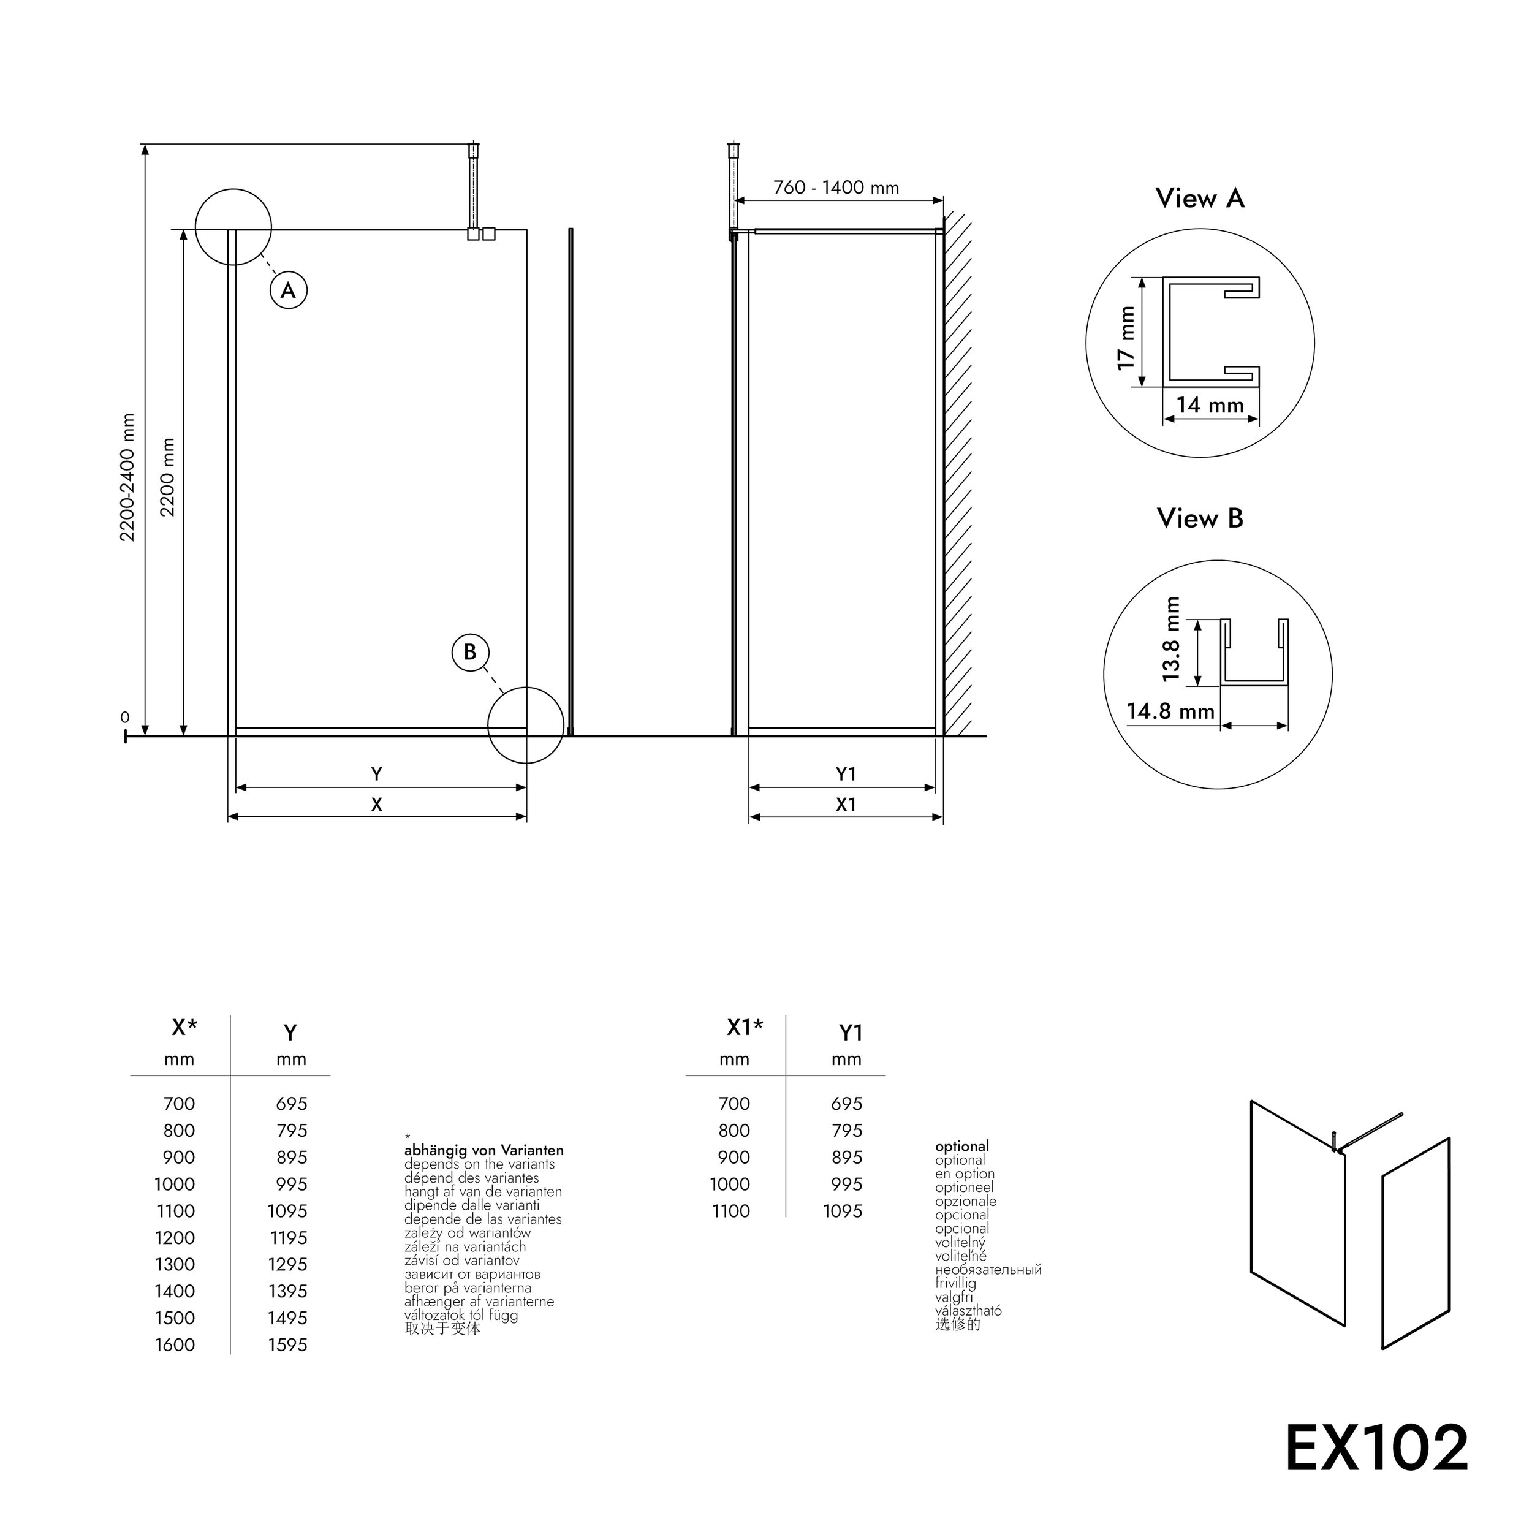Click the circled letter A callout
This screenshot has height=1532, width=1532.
click(289, 290)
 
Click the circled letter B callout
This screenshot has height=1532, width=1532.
click(470, 652)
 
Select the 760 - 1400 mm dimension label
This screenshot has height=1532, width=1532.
click(836, 188)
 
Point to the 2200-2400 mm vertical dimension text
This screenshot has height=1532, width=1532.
click(127, 477)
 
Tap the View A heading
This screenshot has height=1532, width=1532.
click(1200, 198)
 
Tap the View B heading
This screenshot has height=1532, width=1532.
click(1200, 518)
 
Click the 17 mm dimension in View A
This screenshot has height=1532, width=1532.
click(1126, 338)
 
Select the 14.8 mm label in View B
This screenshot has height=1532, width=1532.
click(1170, 711)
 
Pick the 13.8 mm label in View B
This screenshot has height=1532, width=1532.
click(1171, 640)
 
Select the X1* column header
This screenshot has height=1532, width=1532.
click(745, 1028)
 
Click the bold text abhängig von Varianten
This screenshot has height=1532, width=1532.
click(483, 1150)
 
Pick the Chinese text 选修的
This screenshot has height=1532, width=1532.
click(958, 1324)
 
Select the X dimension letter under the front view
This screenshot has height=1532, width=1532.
click(377, 804)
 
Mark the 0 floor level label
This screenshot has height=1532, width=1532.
click(124, 718)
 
